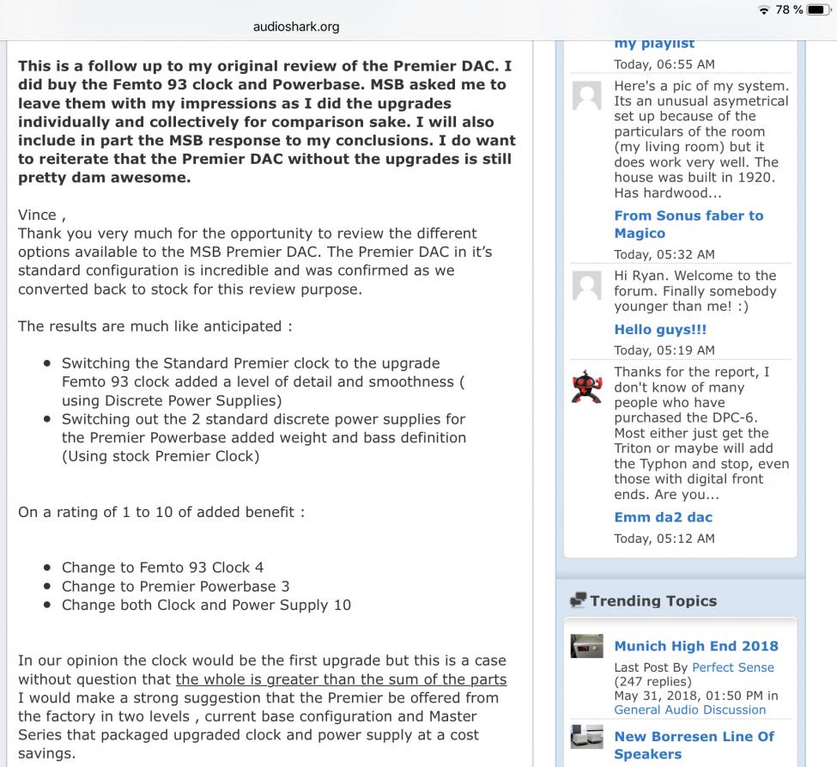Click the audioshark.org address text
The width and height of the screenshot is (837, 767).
[x=296, y=27]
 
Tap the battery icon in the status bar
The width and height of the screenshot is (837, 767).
[x=821, y=9]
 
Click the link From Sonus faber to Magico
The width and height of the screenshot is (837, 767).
[x=688, y=224]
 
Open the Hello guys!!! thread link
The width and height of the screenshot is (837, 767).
[x=660, y=330]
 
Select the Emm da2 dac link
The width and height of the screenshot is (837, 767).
[x=663, y=517]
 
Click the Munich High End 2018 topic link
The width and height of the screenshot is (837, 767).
[x=695, y=646]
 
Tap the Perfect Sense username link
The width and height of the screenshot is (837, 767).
[x=732, y=667]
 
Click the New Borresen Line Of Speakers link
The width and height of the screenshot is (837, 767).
[x=694, y=745]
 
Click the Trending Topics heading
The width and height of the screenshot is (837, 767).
[x=652, y=601]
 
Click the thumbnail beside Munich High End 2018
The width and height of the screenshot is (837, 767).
[x=586, y=646]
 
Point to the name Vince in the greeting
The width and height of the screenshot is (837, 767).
[x=37, y=215]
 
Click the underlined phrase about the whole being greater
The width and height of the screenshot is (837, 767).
[x=341, y=679]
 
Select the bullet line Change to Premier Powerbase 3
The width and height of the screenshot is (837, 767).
[x=175, y=587]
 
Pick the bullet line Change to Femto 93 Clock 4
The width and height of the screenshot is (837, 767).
[x=162, y=568]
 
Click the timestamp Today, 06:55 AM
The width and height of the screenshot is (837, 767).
[x=664, y=64]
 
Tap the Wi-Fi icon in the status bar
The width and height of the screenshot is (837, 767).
[x=764, y=9]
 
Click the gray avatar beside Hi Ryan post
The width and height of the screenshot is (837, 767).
[x=587, y=284]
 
